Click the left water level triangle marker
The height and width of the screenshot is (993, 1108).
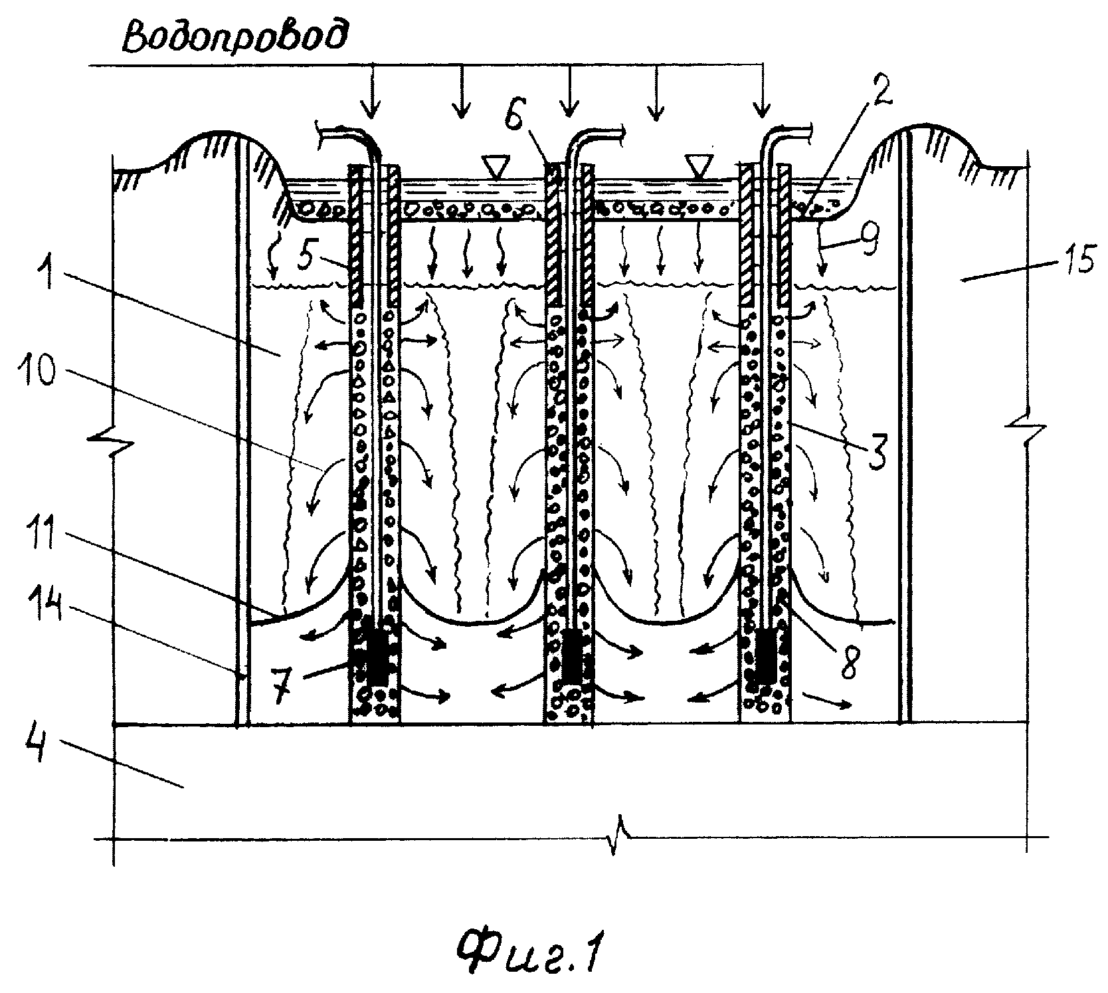(493, 165)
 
